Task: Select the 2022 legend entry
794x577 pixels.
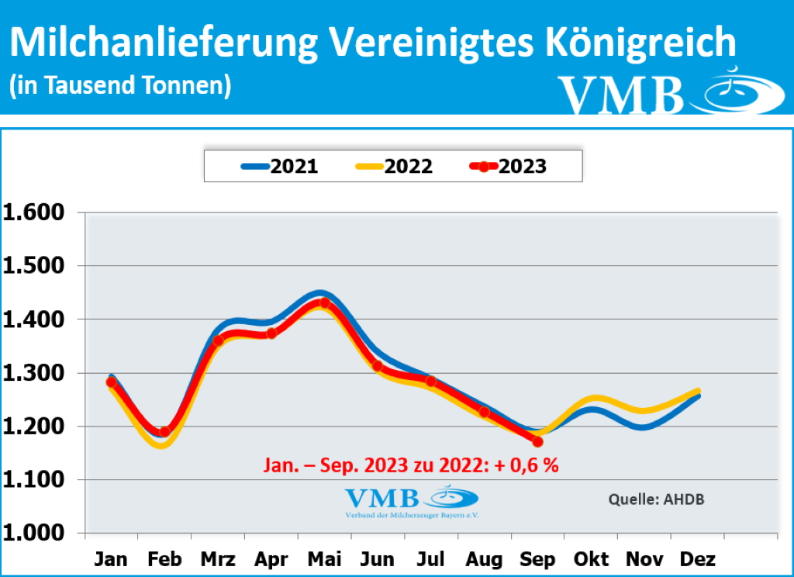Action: click(394, 166)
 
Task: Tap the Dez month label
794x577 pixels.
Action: click(698, 558)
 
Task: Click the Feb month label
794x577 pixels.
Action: click(164, 558)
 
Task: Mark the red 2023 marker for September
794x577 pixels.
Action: click(537, 441)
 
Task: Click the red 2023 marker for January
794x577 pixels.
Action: click(112, 382)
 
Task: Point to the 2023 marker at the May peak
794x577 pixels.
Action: click(324, 303)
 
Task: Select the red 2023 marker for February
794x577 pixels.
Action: click(164, 431)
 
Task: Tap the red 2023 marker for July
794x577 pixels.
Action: click(431, 381)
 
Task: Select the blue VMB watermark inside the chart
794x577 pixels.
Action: click(411, 500)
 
